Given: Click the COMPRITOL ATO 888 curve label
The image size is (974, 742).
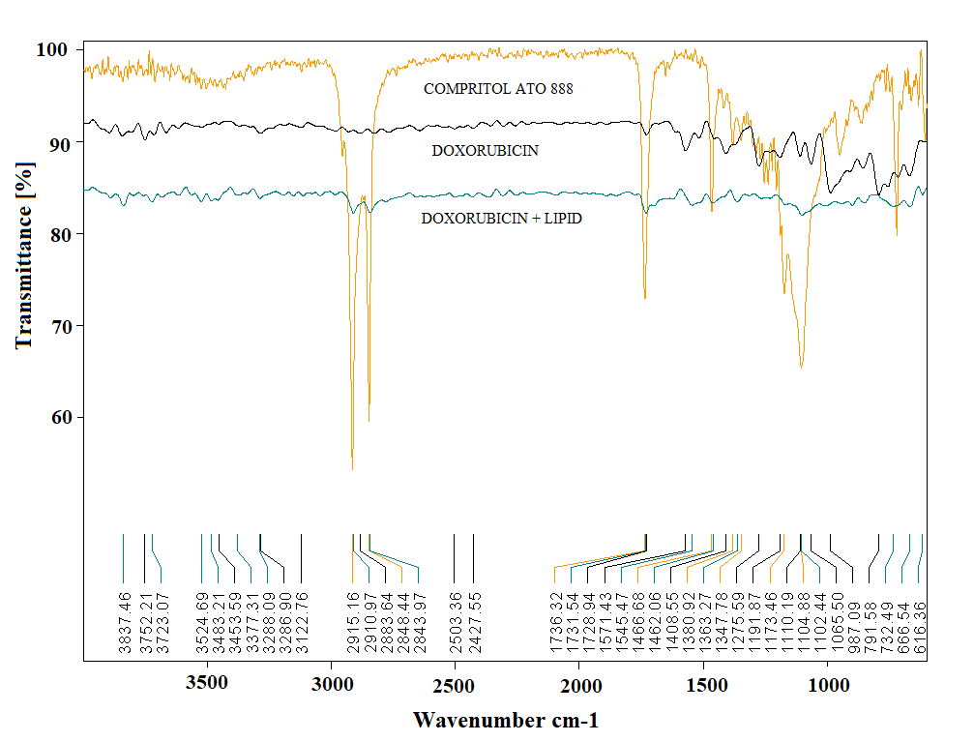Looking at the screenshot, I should [498, 89].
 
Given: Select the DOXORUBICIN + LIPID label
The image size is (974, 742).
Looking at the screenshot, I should [501, 219].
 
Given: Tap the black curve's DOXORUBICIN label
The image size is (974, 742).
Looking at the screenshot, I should [498, 151].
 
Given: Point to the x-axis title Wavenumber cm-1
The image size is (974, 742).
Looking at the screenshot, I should [506, 721].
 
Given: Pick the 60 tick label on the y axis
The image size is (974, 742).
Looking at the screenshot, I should [55, 418].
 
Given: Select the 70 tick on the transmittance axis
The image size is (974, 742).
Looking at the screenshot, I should [55, 326].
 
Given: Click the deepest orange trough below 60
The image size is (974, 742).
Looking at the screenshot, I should [352, 468].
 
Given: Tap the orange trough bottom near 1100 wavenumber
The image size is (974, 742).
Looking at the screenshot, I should [801, 367].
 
